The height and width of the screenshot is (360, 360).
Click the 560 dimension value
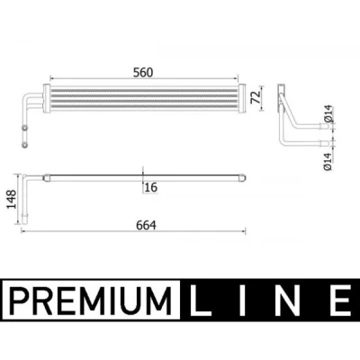[x=143, y=73]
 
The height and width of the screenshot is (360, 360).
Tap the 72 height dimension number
[x=256, y=97]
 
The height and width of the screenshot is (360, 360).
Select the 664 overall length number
[x=146, y=225]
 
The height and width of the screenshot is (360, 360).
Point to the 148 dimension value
[x=12, y=199]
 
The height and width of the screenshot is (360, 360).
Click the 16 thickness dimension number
[x=150, y=187]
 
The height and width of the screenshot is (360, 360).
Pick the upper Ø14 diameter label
[x=328, y=113]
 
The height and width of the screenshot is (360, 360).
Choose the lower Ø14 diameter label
[x=328, y=161]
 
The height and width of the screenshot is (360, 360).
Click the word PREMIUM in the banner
[x=91, y=300]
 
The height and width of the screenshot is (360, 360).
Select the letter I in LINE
[x=242, y=301]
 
